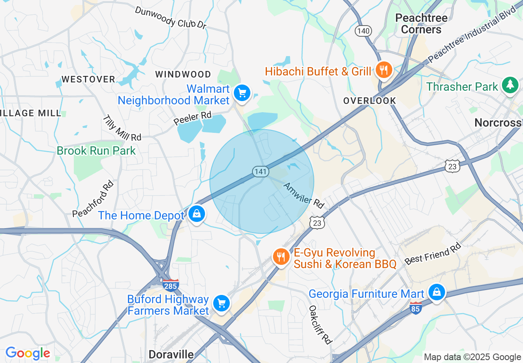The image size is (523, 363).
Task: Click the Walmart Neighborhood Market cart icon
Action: [x=242, y=93]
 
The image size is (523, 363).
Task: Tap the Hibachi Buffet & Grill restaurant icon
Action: [x=384, y=71]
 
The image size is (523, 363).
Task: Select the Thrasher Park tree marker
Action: [x=510, y=85]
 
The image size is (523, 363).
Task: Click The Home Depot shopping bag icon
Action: [x=197, y=214]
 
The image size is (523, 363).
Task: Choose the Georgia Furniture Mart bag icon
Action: [x=436, y=292]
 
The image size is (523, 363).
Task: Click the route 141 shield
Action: [x=261, y=171]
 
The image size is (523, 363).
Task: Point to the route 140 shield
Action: [x=364, y=31]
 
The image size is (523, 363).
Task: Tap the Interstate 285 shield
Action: [x=170, y=285]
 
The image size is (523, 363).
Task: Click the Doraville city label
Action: [x=171, y=354]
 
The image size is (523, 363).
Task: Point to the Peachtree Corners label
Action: [x=421, y=24]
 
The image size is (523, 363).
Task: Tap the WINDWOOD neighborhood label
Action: [x=183, y=74]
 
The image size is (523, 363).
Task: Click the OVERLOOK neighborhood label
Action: [x=370, y=101]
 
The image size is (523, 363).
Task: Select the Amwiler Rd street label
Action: [x=304, y=196]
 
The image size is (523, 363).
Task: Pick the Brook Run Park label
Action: [x=96, y=151]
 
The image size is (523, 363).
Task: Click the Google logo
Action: [x=28, y=353]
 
